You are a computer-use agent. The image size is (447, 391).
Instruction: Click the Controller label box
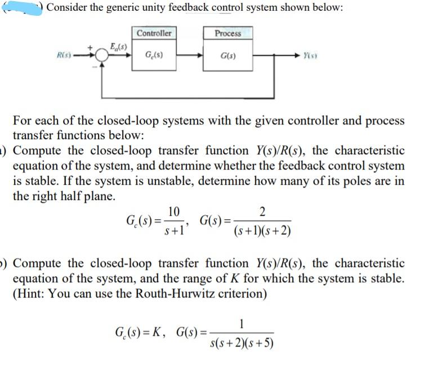click(x=154, y=33)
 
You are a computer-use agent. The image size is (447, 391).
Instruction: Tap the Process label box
click(x=228, y=33)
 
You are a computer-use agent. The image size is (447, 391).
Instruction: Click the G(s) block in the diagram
click(x=228, y=56)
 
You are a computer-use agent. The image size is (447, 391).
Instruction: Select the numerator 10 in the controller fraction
click(x=174, y=212)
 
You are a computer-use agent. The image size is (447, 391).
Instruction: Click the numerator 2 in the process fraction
click(x=263, y=212)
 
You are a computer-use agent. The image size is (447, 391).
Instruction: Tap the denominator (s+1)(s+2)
click(x=262, y=232)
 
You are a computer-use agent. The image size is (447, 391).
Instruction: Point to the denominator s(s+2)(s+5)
click(x=241, y=343)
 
